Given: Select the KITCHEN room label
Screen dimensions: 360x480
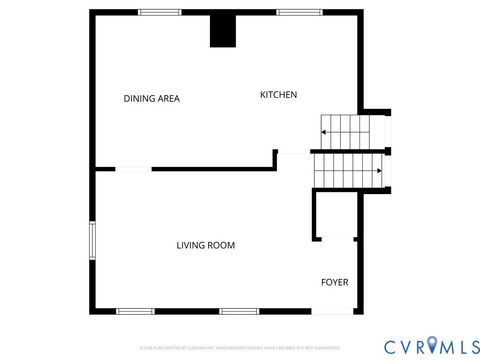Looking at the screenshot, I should coord(278,95).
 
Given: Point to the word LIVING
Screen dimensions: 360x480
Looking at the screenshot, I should coord(191,245).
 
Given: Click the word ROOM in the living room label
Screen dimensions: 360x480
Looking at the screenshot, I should coord(222,245).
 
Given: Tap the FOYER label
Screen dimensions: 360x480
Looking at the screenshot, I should coord(334,282).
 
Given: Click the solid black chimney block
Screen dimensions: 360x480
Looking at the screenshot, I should coord(222,30).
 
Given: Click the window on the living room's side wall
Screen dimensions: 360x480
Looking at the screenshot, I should coord(92,240).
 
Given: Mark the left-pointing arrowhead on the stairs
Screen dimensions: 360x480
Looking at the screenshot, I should coord(323,130).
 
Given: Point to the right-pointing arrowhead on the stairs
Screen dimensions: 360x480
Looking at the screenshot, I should coord(379,171).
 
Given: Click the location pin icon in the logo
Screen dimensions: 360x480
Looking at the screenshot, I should coord(432,345).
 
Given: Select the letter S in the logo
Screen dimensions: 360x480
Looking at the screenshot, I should coord(470,345).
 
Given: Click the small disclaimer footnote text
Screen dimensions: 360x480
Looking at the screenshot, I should coord(239,347).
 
